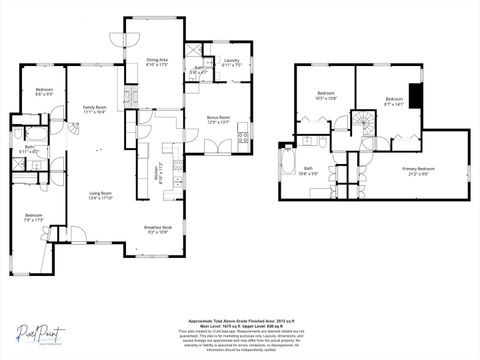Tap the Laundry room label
pos(231,63)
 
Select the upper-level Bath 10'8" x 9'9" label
pos(309,171)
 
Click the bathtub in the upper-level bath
pos(289,166)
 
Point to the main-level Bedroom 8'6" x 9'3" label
pos(44,92)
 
